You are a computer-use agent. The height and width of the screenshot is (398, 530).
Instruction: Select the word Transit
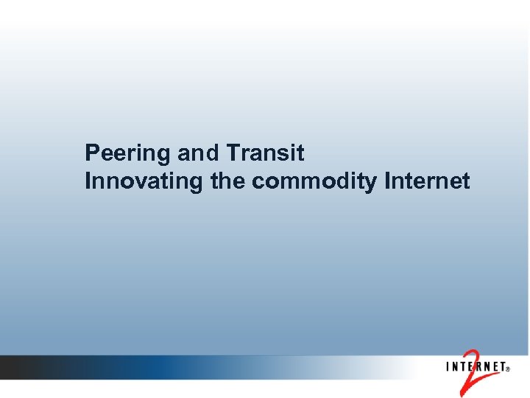[x=266, y=153]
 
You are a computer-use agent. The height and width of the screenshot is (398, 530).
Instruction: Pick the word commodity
[x=315, y=181]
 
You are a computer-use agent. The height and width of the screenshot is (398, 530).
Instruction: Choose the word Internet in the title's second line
[x=428, y=181]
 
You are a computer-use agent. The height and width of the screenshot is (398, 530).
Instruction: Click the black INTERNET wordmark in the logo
[x=475, y=366]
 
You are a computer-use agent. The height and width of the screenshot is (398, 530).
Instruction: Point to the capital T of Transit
[x=233, y=153]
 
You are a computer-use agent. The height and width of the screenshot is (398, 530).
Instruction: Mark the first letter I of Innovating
[x=88, y=181]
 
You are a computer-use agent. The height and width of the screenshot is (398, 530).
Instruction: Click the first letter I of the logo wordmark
[x=446, y=366]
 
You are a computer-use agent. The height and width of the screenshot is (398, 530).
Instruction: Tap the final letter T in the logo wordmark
[x=501, y=366]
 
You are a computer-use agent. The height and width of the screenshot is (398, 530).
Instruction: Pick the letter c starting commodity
[x=257, y=182]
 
